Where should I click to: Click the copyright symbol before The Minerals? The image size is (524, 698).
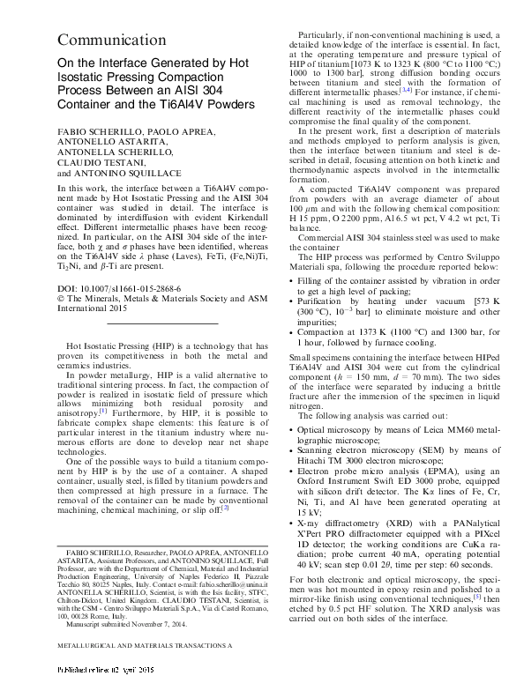[61, 298]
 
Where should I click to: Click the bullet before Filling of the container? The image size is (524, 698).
[293, 280]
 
